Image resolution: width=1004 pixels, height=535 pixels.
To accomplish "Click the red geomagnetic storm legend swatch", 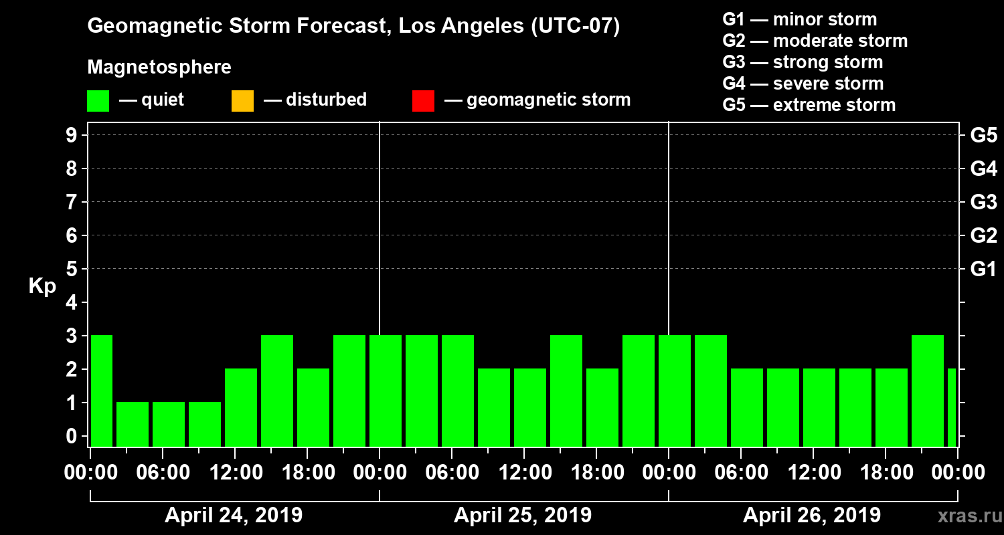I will [x=423, y=100].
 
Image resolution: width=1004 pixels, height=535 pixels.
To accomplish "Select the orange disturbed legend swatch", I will [x=242, y=100].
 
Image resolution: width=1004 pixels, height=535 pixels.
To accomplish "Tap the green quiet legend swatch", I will [x=98, y=100].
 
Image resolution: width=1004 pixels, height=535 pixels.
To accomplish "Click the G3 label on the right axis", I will [x=983, y=202].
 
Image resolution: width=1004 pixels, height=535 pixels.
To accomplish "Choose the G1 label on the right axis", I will [x=983, y=269].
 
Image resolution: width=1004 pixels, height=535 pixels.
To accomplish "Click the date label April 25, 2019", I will [x=523, y=516].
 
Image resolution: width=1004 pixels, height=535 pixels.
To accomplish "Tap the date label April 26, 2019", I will [x=812, y=516].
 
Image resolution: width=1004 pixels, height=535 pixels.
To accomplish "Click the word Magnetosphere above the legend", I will [x=159, y=68].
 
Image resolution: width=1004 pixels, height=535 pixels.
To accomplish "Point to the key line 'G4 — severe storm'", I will [x=803, y=84].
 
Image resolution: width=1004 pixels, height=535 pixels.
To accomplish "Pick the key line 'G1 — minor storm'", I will [x=800, y=19].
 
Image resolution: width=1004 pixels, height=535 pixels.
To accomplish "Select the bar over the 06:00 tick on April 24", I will [x=169, y=424].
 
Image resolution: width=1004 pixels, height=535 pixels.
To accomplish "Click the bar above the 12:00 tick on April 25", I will [x=530, y=407].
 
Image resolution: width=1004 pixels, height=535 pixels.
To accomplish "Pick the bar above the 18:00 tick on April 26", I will [x=892, y=407].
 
